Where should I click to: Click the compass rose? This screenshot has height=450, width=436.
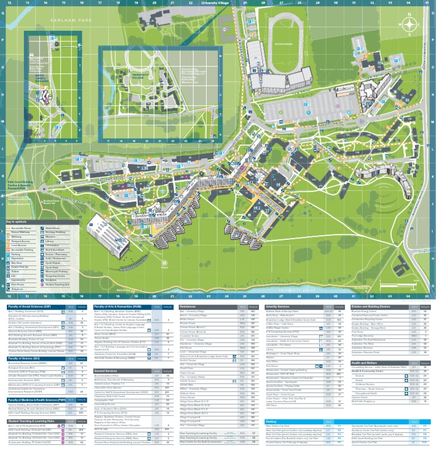coord(408,24)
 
